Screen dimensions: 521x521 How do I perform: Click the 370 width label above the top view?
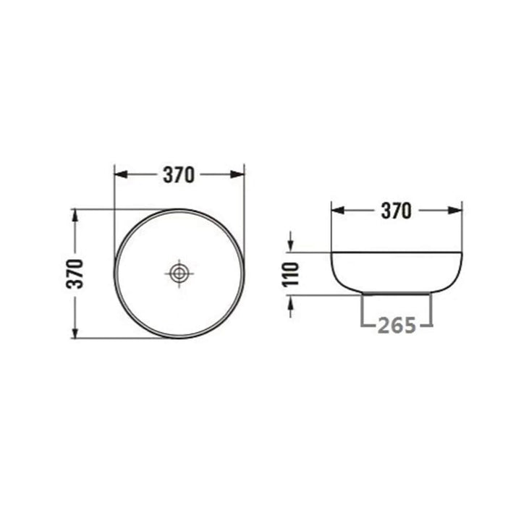179,175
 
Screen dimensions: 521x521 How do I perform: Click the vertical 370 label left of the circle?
76,274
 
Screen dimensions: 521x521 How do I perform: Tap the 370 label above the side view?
396,211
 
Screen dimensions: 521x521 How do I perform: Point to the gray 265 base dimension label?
396,326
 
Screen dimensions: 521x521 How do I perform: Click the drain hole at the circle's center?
179,274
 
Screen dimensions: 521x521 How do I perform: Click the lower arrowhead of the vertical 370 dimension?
75,332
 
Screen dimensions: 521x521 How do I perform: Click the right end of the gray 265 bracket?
431,311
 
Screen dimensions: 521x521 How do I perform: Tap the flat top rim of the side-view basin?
396,253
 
